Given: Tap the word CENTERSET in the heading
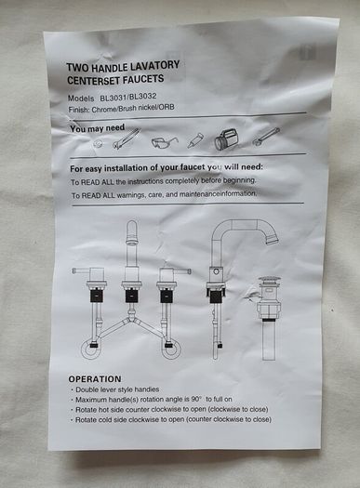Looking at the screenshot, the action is coord(93,80).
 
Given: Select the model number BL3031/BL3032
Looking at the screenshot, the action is coord(128,97).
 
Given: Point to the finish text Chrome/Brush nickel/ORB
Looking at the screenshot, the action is coord(133,109).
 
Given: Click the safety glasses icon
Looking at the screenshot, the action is coord(165,142).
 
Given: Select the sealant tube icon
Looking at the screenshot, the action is coord(195,140).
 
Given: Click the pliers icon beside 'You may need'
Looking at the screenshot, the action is coord(127,138).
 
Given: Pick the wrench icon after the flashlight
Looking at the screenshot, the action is coord(266,137).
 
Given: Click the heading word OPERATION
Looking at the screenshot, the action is coord(95,378).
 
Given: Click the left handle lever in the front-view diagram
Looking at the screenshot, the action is coord(81,270).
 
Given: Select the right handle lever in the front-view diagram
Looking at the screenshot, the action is coord(182,271).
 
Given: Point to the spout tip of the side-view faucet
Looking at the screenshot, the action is coord(272,239).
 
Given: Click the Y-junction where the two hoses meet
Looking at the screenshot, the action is coord(132,320).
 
